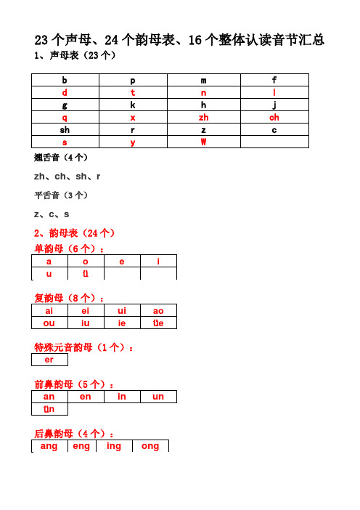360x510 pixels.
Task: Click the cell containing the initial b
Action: [65, 80]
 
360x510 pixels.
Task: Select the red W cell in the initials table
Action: [203, 142]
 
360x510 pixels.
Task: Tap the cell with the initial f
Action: [274, 80]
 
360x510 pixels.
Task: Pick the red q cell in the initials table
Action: [65, 117]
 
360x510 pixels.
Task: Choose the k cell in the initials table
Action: [133, 105]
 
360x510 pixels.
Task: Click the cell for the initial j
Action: [274, 105]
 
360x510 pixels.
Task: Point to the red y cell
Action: [133, 142]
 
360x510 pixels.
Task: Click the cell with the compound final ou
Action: [49, 323]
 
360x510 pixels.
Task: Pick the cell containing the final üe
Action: [158, 323]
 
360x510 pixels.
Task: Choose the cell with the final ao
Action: [158, 310]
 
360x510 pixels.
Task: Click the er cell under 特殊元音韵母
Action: [49, 360]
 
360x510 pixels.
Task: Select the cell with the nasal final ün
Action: [49, 409]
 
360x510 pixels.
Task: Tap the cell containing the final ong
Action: [150, 446]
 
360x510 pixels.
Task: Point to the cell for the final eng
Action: [81, 446]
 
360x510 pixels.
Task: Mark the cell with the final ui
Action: [122, 310]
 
